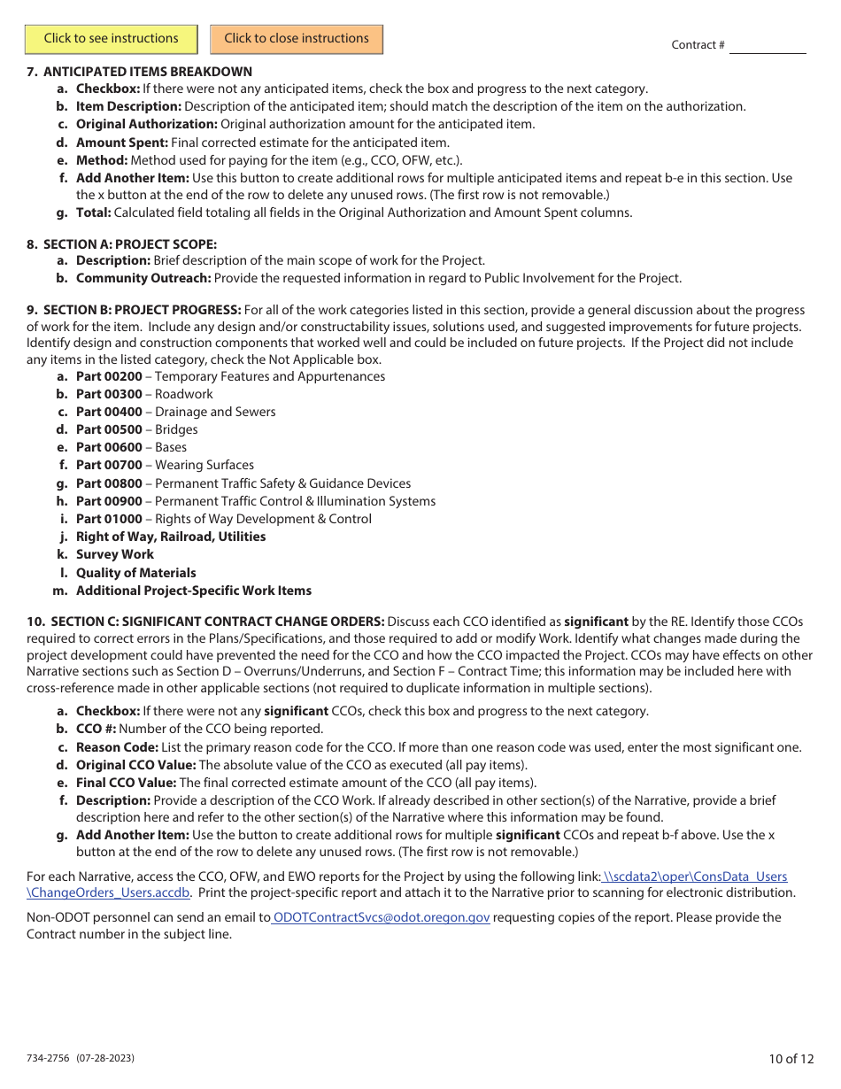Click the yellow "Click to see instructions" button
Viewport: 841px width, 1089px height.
coord(111,39)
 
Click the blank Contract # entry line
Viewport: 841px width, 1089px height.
coord(767,45)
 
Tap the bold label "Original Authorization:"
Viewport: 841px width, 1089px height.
coord(146,124)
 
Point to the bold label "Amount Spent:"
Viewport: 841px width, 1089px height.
coord(122,142)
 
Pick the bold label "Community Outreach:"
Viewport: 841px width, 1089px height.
coord(143,278)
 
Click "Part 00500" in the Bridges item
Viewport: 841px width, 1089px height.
coord(109,429)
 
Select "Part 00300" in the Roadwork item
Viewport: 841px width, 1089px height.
coord(109,394)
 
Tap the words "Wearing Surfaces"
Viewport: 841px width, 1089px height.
coord(204,465)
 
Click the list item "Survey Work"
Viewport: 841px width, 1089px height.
coord(115,554)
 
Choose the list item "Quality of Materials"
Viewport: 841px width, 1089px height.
coord(136,573)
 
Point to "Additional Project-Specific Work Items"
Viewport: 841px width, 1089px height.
coord(194,591)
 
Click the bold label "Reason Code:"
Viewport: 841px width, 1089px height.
coord(117,746)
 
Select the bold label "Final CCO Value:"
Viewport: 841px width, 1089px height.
coord(126,783)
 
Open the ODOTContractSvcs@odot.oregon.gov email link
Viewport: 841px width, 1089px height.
coord(381,917)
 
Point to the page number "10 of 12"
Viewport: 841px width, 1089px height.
coord(791,1058)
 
